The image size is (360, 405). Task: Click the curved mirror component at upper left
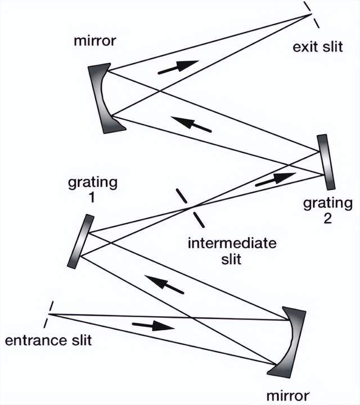[x=104, y=97]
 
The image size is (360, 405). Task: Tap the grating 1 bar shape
[x=82, y=241]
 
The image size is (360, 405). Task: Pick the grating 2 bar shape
[x=325, y=162]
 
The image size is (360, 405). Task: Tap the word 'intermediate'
[x=232, y=244]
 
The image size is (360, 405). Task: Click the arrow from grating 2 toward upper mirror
[x=191, y=124]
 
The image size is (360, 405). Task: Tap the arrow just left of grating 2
[x=274, y=179]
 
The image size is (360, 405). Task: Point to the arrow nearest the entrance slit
[x=153, y=326]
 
